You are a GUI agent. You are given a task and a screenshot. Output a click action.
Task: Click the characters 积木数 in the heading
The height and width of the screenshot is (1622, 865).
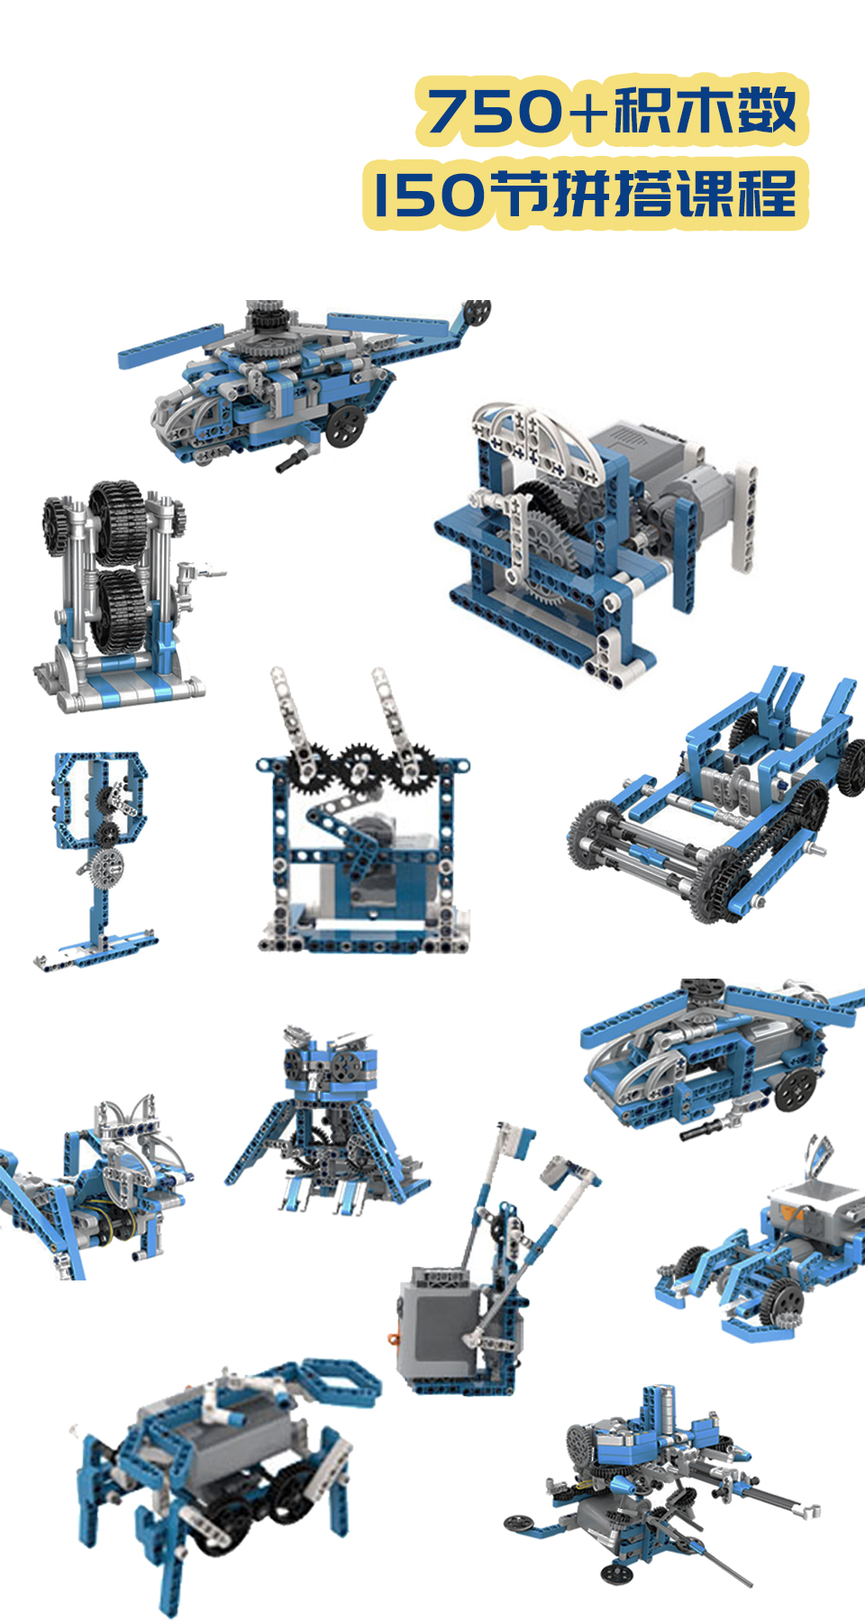click(x=706, y=111)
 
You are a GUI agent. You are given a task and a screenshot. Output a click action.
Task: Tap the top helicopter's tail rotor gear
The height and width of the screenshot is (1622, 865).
click(x=478, y=313)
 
